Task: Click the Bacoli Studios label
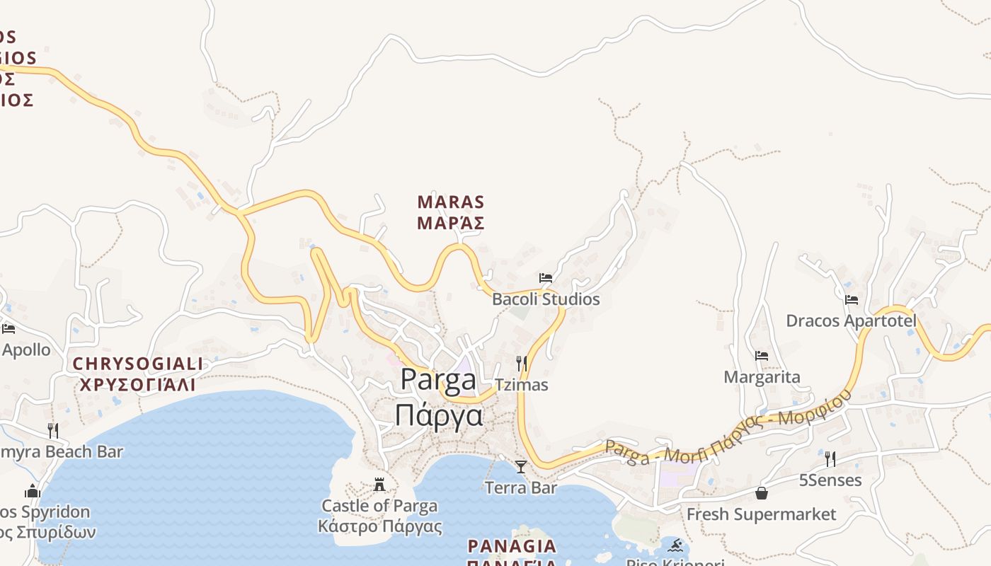[546, 299]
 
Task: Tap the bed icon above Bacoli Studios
[546, 277]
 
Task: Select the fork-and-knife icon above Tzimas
[522, 364]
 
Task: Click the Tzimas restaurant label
[522, 385]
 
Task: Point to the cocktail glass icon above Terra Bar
[521, 466]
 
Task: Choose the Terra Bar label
[521, 487]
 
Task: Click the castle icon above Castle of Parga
[379, 485]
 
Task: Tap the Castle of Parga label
[379, 506]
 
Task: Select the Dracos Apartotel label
[851, 321]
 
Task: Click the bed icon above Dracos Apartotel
[852, 300]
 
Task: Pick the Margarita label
[762, 377]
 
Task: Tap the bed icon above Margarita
[762, 356]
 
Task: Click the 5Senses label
[830, 480]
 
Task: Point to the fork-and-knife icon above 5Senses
[830, 459]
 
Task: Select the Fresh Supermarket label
[762, 514]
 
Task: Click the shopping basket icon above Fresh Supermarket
[762, 493]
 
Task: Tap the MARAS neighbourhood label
[451, 202]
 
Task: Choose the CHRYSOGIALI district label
[138, 364]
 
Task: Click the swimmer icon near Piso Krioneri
[675, 545]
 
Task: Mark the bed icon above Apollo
[8, 329]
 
